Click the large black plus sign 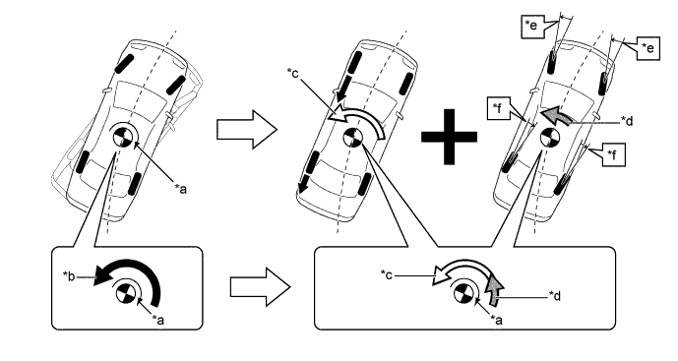click(x=449, y=137)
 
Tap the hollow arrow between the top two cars click(x=246, y=129)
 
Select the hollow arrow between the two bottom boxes click(x=260, y=287)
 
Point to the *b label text click(x=69, y=275)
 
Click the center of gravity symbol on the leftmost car click(x=122, y=137)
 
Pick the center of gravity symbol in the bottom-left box click(x=125, y=294)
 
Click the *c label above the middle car click(x=292, y=74)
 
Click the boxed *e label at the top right click(x=648, y=48)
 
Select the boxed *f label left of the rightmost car click(x=498, y=108)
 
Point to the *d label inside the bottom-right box click(x=555, y=296)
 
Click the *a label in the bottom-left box click(x=158, y=320)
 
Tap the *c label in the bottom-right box click(x=387, y=274)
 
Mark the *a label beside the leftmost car click(x=181, y=189)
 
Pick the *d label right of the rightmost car click(x=627, y=121)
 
